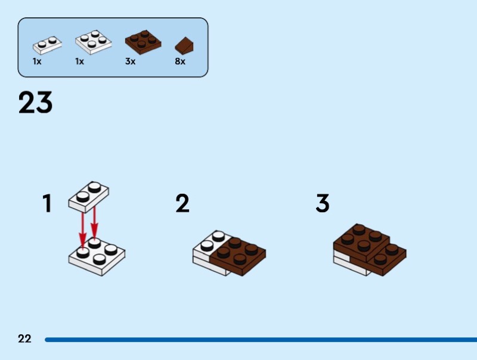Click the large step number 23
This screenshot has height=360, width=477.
tap(36, 103)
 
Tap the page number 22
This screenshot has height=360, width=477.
tap(24, 339)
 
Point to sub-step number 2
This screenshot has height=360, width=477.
tap(182, 203)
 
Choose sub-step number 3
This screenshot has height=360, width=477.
tap(323, 203)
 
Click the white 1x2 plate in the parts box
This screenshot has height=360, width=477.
tap(47, 44)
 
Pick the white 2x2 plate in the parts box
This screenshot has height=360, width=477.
tap(93, 41)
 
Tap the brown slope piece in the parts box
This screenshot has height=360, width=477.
tap(184, 45)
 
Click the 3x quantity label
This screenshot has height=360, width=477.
tap(130, 61)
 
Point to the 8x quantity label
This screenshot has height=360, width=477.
tap(180, 61)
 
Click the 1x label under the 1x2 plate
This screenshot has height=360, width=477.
tap(37, 61)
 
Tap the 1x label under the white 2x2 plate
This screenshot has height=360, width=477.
tap(80, 61)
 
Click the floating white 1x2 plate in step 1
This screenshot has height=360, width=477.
tap(89, 196)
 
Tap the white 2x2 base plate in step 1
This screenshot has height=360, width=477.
tap(97, 257)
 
